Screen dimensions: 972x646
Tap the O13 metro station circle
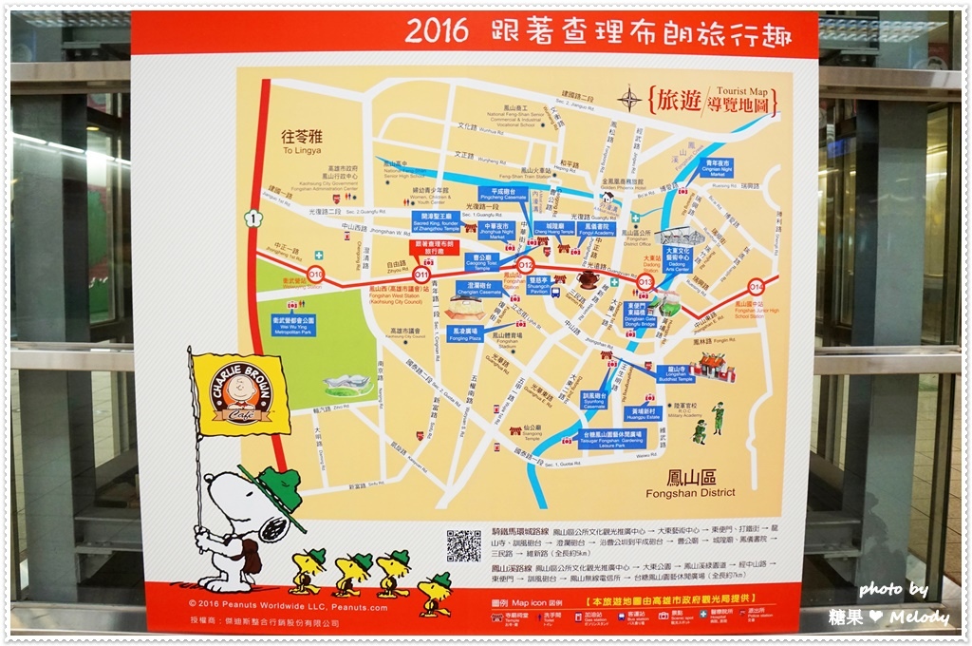click(645, 281)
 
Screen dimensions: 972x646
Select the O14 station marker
click(757, 285)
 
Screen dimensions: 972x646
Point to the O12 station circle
click(526, 266)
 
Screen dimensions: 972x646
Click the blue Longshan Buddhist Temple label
click(675, 373)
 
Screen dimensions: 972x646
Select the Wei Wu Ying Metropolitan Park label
click(293, 324)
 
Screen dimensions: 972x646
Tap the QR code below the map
click(464, 545)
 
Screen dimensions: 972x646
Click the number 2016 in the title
click(437, 30)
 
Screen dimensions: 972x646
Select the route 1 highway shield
click(252, 218)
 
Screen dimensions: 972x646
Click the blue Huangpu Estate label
click(643, 414)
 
